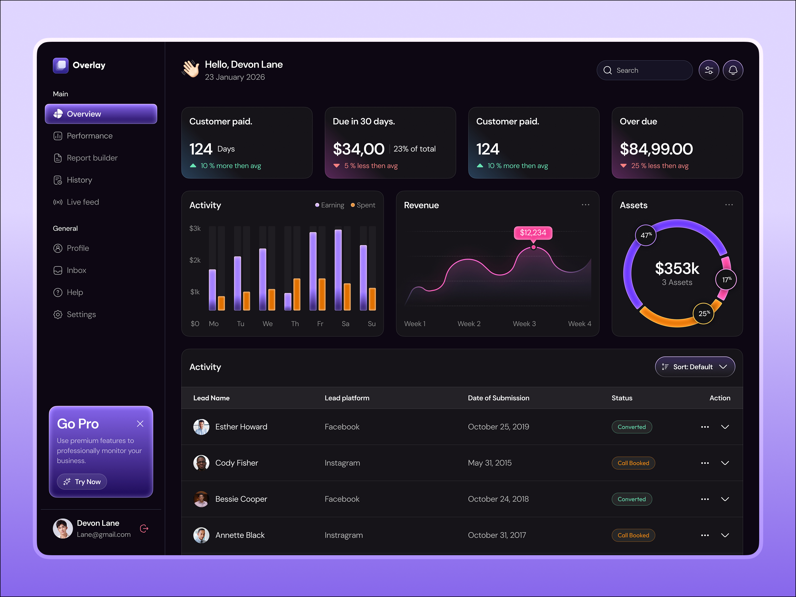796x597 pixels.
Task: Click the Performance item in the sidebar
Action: point(89,136)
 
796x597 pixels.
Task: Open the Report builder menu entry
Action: point(92,158)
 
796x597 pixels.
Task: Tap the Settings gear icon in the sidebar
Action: point(58,314)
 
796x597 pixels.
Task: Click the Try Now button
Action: point(82,482)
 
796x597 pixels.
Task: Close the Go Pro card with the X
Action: point(140,424)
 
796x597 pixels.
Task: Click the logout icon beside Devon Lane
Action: point(144,528)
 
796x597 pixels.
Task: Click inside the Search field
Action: point(648,71)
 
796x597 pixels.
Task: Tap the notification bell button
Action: point(733,71)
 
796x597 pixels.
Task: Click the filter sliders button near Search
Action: point(708,71)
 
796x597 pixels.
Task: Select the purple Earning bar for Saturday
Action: point(338,270)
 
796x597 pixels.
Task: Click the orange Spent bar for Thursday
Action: point(297,295)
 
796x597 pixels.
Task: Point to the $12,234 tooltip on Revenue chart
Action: point(533,233)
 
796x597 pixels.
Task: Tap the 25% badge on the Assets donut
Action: point(703,313)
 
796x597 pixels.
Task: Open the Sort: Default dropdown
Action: point(695,367)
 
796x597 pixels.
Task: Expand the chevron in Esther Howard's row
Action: point(725,427)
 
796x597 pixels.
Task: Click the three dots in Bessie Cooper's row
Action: point(704,499)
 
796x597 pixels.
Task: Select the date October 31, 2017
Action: point(497,535)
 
